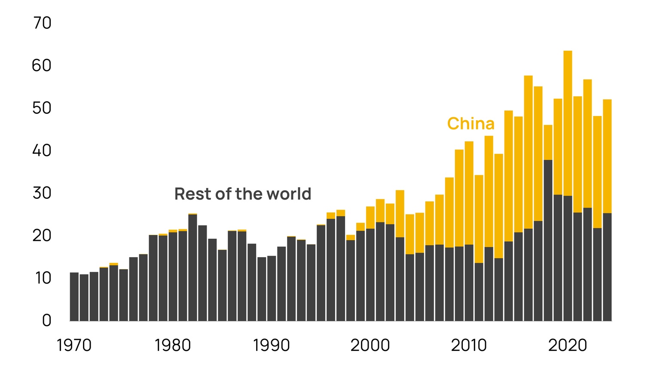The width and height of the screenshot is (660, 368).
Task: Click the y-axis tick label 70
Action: coord(42,23)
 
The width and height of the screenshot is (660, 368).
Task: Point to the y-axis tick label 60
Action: coord(42,66)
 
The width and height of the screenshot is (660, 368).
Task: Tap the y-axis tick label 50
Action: coord(42,108)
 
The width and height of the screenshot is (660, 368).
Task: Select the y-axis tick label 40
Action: coord(42,151)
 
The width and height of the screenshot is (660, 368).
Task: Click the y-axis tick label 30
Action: coord(42,193)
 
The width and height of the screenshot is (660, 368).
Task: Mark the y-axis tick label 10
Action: coord(43,278)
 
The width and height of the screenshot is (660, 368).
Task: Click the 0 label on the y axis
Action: coord(46,320)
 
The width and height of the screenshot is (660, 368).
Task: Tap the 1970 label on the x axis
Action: coord(74,345)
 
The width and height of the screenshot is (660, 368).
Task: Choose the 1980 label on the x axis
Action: coord(173,345)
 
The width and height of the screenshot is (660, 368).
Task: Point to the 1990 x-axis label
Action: coord(272,345)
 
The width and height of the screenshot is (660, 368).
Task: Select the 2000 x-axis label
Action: coord(370,345)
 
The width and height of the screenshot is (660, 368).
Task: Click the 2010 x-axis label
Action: coord(469,345)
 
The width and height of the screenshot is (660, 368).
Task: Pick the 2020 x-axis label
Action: coord(568,345)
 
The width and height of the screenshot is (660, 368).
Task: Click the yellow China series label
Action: coord(471,124)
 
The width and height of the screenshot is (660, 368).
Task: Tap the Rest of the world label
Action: coord(243,194)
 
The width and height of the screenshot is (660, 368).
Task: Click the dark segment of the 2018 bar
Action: coord(548,240)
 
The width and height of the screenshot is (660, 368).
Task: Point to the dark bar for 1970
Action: coord(74,297)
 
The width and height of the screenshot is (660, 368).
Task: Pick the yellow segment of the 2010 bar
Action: coord(469,193)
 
